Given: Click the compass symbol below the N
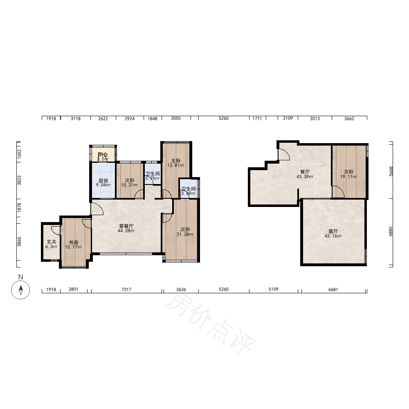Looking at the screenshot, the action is tap(20, 290).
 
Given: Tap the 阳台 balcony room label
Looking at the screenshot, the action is tap(103, 155).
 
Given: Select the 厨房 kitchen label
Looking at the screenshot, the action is tap(103, 180).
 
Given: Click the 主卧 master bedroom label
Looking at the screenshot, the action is tap(176, 161).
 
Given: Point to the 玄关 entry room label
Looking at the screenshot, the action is tap(52, 242).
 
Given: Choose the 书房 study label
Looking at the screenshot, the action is tap(73, 243).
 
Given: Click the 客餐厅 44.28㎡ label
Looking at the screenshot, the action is tap(126, 228).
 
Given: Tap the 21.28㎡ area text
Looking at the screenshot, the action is tap(185, 234).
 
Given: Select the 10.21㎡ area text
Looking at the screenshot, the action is tap(129, 185).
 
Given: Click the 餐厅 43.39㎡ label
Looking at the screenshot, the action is tap(305, 174).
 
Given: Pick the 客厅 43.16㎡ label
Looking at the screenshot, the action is tap(333, 234).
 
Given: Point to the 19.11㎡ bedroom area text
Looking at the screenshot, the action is tap(349, 177).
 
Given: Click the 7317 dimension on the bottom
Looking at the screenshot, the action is tap(126, 289).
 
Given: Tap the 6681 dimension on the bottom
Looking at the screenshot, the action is tap(333, 289).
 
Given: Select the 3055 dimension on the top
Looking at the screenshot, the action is tap(176, 118).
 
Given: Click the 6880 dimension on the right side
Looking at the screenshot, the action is tap(391, 231).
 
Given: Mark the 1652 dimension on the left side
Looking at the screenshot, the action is tap(19, 154).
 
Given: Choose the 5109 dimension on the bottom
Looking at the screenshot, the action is tap(273, 289).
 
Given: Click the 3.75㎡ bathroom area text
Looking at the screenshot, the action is tap(153, 178).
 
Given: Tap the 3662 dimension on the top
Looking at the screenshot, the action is tap(349, 119).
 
